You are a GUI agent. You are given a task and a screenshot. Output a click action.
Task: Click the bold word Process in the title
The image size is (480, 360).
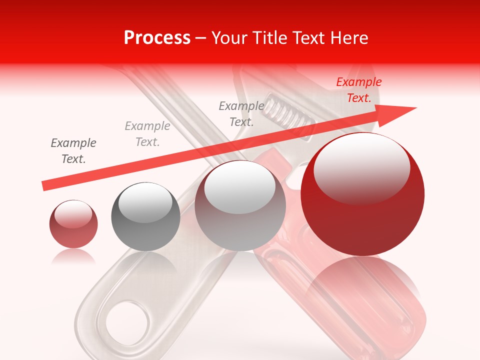click(157, 37)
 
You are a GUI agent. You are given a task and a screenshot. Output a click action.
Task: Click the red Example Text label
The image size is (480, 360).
click(359, 90)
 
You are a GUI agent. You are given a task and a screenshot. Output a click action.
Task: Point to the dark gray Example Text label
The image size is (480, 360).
click(73, 150)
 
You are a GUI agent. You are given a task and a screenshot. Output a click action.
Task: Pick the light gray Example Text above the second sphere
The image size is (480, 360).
click(147, 133)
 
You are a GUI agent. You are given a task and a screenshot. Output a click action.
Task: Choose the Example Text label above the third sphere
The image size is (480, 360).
click(241, 113)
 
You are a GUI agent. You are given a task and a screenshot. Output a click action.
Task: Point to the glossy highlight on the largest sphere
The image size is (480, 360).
click(361, 167)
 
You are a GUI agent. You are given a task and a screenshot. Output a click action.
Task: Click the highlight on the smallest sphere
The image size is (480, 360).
click(73, 214)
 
